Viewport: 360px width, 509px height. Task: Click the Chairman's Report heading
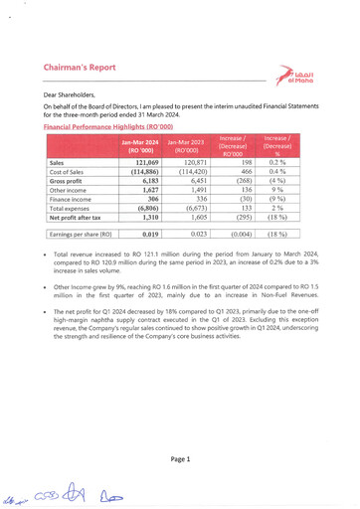coord(88,69)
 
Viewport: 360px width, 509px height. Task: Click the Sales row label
coord(57,161)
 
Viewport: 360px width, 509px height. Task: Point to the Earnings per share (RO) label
coord(80,235)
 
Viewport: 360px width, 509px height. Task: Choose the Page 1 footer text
coord(180,459)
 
